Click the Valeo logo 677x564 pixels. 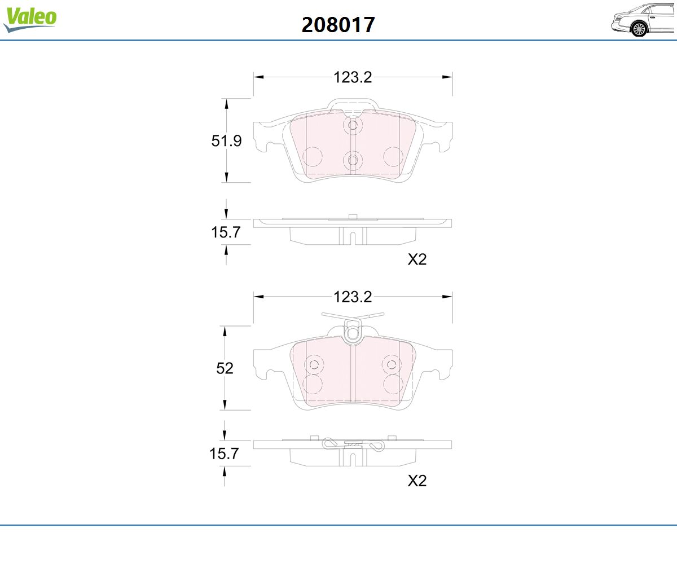(x=30, y=19)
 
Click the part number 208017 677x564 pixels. (x=338, y=25)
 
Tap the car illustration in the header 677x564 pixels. (x=643, y=20)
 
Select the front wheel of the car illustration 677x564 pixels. (x=639, y=29)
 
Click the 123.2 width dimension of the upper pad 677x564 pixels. (x=353, y=77)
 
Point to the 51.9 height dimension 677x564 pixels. (x=226, y=141)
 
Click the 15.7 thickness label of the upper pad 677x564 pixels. (x=226, y=232)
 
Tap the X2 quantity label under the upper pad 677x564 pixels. (x=417, y=259)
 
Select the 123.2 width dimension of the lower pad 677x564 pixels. (x=353, y=297)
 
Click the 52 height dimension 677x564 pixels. (x=225, y=368)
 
